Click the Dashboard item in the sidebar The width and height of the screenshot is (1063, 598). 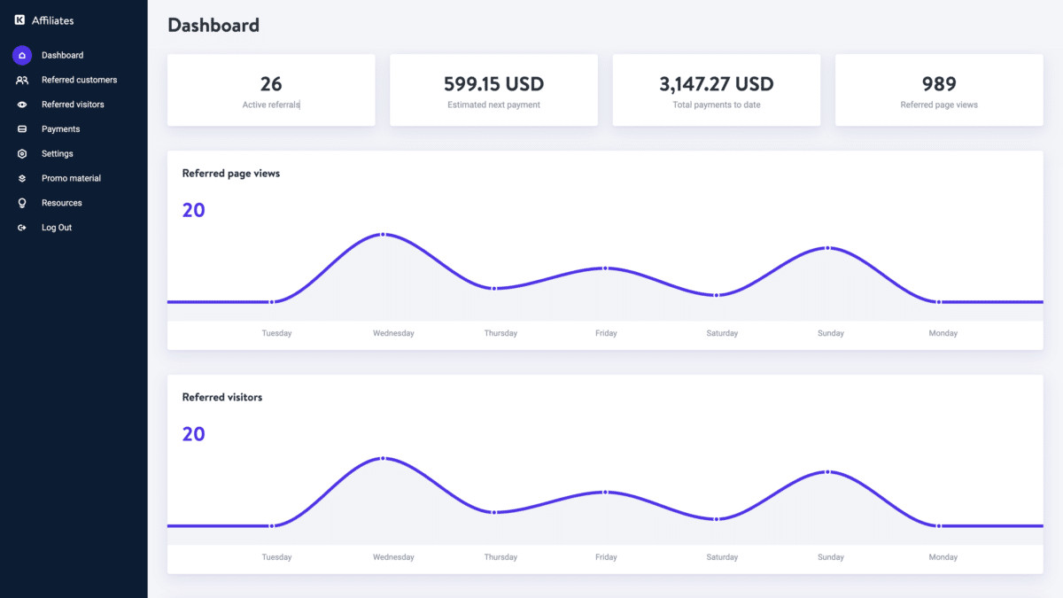point(62,55)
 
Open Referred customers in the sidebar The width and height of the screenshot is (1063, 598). point(79,80)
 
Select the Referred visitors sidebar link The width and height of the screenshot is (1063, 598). point(73,105)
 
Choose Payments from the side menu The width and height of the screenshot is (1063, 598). point(60,129)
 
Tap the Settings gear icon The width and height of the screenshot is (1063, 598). point(22,154)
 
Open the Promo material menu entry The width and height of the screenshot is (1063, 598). point(71,178)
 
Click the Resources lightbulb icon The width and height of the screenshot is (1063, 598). point(22,203)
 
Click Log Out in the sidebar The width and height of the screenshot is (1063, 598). point(57,228)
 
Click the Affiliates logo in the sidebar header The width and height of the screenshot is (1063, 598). point(19,19)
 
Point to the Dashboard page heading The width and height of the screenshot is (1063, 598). point(213,26)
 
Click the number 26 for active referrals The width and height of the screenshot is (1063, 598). point(271,84)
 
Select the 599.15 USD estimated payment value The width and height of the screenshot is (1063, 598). point(493,84)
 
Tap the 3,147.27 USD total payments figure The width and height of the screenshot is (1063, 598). point(716,84)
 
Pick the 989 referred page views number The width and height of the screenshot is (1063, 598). point(939,84)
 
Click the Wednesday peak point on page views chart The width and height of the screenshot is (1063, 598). point(383,235)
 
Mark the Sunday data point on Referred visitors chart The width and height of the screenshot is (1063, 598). point(827,472)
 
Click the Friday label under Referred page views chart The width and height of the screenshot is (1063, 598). point(606,333)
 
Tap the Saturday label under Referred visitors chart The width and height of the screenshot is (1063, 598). point(722,557)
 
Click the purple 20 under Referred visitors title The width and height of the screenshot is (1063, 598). point(193,434)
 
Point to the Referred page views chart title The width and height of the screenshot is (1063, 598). point(231,174)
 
